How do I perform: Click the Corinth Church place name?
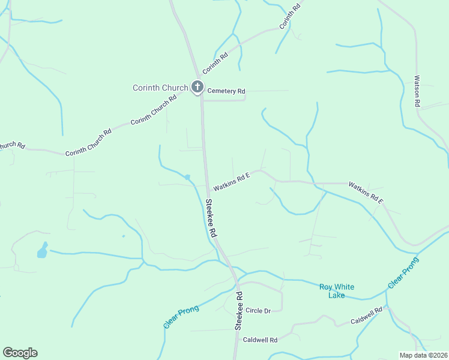[160, 88]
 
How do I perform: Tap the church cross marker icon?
[197, 88]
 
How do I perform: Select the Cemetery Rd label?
[226, 91]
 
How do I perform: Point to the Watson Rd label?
[417, 91]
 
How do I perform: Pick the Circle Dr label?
[259, 310]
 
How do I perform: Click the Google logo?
[20, 353]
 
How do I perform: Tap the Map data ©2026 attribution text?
[423, 355]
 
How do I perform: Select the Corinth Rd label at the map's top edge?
[289, 19]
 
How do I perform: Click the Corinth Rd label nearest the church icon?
[215, 64]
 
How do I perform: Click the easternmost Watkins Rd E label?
[366, 191]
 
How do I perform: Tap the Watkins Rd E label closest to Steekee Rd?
[231, 181]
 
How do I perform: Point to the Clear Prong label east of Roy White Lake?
[402, 273]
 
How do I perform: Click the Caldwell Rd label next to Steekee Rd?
[260, 340]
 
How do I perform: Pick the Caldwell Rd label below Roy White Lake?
[367, 317]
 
